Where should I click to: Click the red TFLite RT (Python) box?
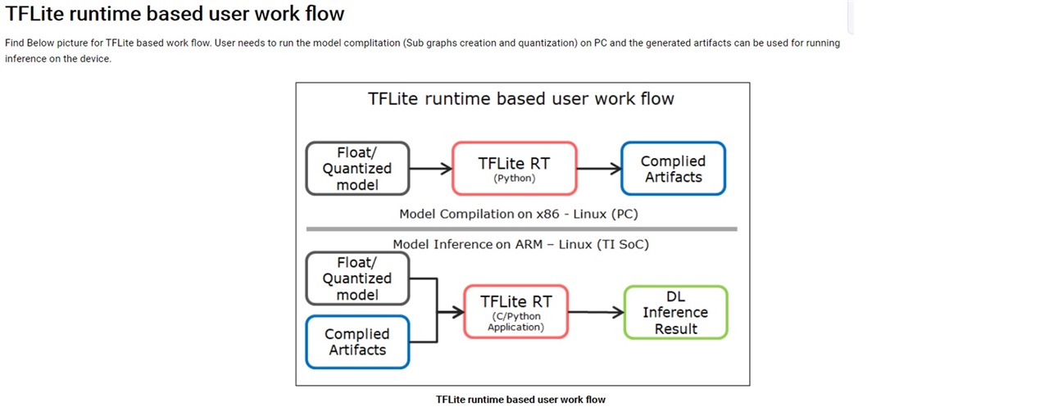(514, 169)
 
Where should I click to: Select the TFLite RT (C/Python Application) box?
(515, 312)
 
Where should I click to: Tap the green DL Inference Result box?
(676, 312)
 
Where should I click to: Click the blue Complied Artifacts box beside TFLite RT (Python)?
(674, 169)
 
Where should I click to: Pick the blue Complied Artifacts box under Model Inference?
(357, 342)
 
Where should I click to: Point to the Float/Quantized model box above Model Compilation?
(357, 169)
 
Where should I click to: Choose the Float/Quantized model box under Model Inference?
(357, 278)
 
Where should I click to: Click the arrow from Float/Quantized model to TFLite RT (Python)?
(431, 169)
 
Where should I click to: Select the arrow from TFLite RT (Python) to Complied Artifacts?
(599, 169)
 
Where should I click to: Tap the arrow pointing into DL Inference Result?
(596, 312)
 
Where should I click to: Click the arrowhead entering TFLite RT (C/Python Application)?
(458, 312)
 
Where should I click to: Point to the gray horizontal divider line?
(522, 229)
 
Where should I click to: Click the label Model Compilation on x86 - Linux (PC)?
(519, 214)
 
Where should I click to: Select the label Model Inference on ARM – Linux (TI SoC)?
(520, 244)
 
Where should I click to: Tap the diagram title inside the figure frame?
(520, 99)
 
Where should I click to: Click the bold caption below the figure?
(520, 400)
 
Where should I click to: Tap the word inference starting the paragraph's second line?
(25, 59)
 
